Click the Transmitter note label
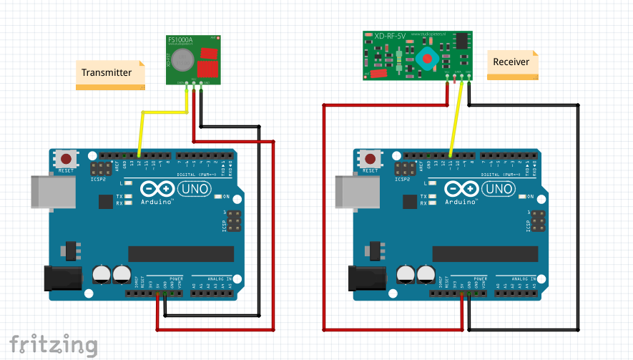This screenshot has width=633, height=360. coord(107,72)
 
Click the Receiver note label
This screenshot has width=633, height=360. coord(511,62)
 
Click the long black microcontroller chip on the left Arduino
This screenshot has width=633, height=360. coord(181,254)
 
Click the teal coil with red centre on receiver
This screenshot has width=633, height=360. coord(428,58)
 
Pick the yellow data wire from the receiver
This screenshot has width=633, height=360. coord(456,122)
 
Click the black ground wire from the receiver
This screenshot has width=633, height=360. coord(578,215)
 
